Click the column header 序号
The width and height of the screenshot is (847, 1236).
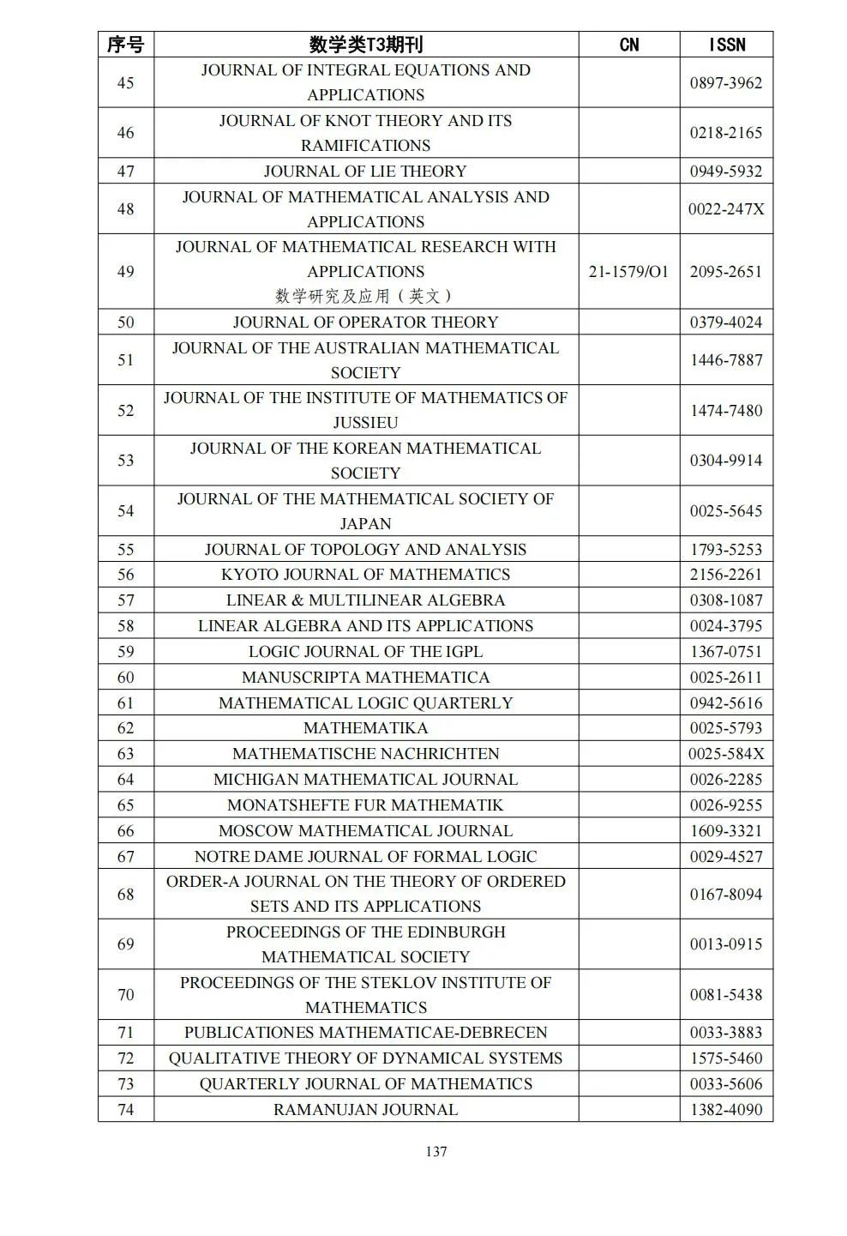coord(125,45)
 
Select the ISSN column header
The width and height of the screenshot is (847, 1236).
coord(726,45)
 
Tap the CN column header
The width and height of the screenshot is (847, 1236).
coord(628,45)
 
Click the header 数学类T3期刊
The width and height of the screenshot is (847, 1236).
coord(365,45)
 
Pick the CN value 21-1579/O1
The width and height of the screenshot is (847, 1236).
coord(628,272)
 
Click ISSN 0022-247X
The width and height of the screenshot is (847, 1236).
coord(726,208)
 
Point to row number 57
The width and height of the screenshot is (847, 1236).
coord(125,600)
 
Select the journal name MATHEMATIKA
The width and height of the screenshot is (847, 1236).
coord(365,728)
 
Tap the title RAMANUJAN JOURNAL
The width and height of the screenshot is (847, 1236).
coord(365,1109)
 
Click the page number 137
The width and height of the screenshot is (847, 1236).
coord(436,1151)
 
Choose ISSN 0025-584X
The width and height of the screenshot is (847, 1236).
coord(726,754)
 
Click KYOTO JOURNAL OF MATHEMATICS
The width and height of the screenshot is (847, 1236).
coord(365,575)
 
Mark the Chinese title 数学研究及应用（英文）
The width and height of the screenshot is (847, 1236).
coord(365,296)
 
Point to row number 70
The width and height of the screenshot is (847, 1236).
coord(125,995)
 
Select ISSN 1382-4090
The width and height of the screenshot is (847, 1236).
coord(726,1109)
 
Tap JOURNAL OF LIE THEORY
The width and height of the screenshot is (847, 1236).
coord(365,171)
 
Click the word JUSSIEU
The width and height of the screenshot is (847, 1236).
coord(365,423)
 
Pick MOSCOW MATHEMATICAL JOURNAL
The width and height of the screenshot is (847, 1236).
coord(365,830)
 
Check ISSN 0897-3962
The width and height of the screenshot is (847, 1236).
coord(726,83)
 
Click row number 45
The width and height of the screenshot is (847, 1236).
coord(125,83)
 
